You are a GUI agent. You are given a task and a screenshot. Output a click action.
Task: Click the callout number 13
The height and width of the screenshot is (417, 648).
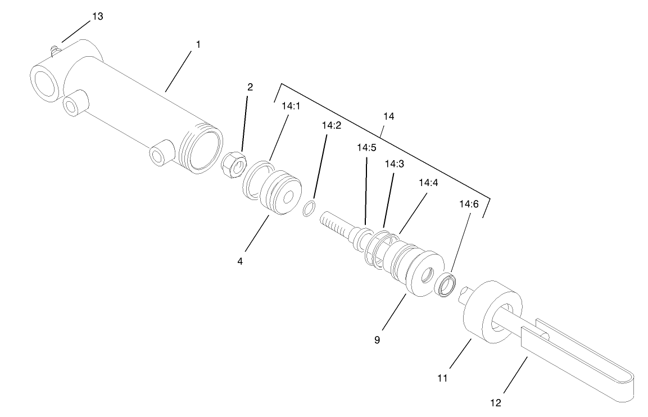point(97,16)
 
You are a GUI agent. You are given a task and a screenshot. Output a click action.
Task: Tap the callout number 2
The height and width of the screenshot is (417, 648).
point(250,87)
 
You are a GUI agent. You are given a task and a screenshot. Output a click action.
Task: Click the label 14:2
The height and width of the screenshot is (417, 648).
point(332,125)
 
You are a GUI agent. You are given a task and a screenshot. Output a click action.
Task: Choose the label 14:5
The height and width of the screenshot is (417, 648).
point(366,148)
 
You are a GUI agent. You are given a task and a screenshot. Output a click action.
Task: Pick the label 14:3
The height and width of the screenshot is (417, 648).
point(393,164)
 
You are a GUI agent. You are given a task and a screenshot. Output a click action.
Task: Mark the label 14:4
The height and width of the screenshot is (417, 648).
point(429,183)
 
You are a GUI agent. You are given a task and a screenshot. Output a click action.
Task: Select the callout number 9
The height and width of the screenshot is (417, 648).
point(377,339)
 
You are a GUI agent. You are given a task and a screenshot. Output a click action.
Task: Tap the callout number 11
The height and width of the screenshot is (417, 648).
point(442,378)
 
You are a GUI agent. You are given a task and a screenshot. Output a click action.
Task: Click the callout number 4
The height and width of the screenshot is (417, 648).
point(240,261)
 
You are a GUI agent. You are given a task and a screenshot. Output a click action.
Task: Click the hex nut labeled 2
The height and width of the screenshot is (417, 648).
point(234,164)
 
